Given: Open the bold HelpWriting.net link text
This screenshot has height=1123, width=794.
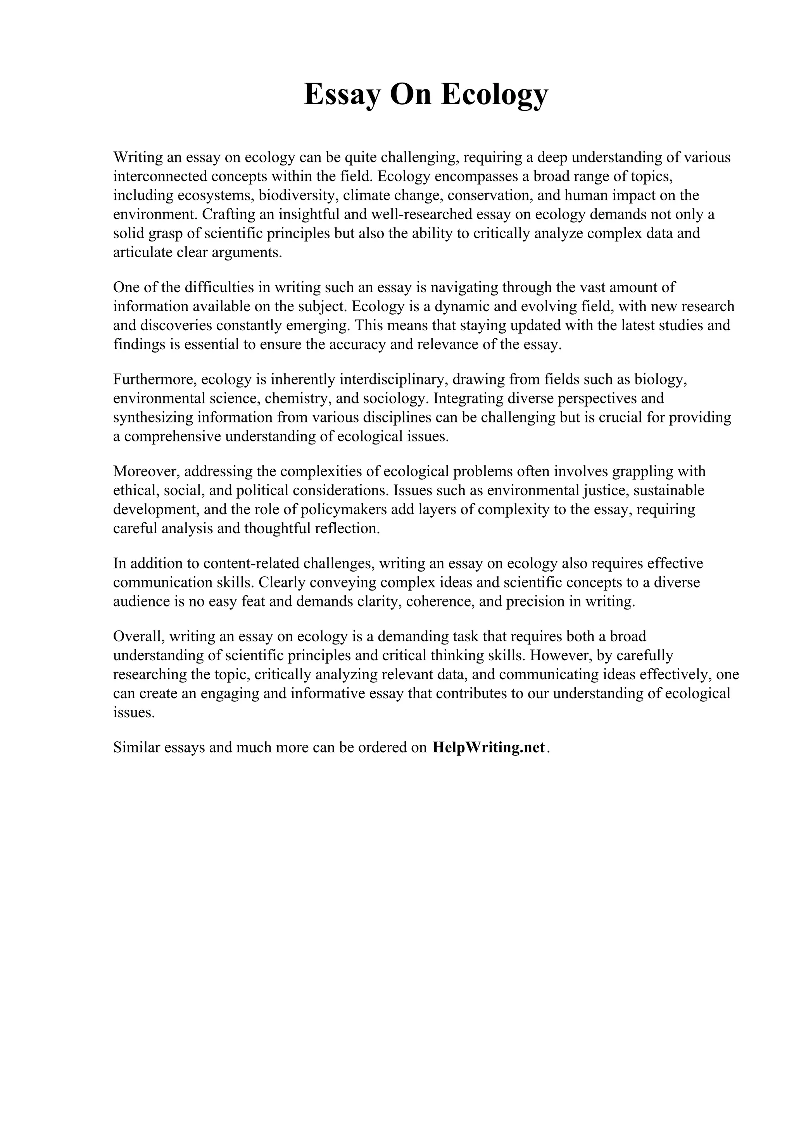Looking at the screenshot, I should pos(488,748).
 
